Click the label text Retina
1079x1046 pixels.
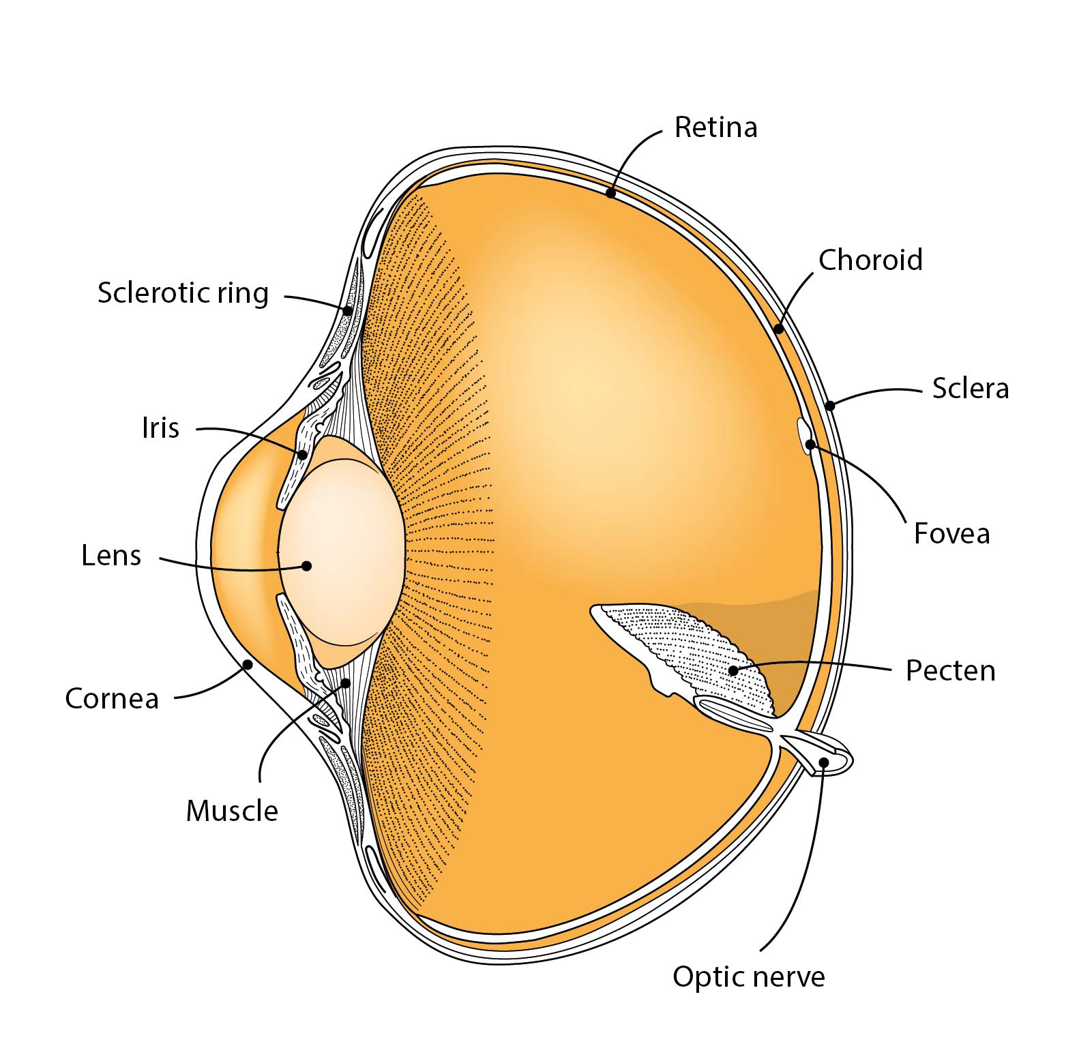[715, 128]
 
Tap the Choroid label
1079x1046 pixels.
[870, 260]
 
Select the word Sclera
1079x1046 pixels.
[970, 388]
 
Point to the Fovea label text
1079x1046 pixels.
[951, 533]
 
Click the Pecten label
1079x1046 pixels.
[950, 670]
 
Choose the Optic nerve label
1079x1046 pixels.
[748, 976]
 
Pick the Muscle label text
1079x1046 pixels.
[232, 811]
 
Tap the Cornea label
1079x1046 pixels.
[112, 698]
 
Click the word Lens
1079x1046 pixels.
[111, 556]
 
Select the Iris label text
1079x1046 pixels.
[161, 428]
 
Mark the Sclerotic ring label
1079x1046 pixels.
[183, 293]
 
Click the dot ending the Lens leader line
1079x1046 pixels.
[307, 566]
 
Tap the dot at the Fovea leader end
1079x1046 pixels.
[810, 445]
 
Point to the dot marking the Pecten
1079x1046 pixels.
[733, 671]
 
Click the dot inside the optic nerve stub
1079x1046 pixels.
[824, 762]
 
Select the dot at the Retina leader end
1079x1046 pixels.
[610, 194]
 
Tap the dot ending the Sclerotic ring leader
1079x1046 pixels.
[347, 311]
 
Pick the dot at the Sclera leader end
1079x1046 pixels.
[830, 406]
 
